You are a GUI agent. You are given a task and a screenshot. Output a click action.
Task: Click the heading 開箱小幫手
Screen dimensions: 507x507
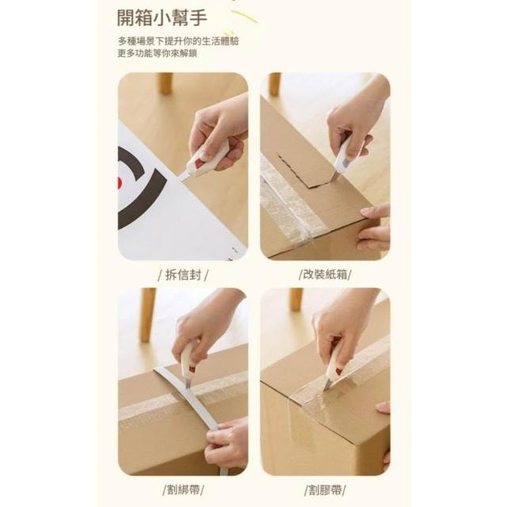coord(162,17)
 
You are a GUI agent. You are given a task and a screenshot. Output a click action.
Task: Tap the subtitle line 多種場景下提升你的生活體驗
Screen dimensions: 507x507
coord(178,41)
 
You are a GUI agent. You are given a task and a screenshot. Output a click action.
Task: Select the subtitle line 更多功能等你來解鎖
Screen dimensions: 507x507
coord(157,53)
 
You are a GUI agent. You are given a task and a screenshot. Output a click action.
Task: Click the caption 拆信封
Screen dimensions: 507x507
coord(183,275)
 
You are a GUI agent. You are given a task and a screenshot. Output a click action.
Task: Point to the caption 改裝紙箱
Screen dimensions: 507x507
coord(325,275)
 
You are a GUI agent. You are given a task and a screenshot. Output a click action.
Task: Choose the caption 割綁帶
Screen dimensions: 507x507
coord(183,490)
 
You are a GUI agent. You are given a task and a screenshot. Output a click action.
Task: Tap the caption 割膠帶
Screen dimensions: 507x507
coord(325,490)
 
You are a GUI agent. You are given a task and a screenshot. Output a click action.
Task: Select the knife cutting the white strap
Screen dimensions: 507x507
coord(188,365)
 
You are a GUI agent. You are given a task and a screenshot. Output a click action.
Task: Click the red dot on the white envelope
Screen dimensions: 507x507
coord(119,183)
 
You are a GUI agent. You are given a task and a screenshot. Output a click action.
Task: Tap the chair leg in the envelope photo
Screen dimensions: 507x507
coord(166,83)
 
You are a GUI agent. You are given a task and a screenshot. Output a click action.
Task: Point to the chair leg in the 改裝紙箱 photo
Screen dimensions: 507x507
coord(275,84)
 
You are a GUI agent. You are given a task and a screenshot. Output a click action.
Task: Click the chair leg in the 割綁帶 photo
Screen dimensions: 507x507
coord(148,315)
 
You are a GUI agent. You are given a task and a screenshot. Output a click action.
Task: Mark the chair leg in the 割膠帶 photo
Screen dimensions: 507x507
coord(295,299)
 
